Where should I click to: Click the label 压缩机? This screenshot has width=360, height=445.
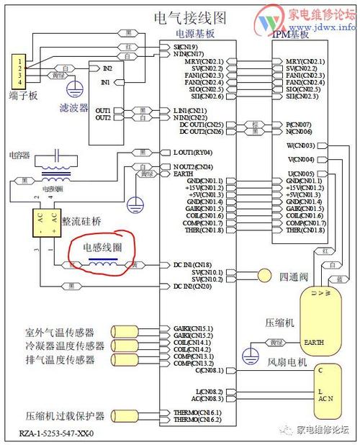279,324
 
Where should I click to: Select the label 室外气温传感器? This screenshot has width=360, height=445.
60,333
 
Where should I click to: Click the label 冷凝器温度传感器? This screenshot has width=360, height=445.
60,346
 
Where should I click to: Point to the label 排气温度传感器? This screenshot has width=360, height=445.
60,359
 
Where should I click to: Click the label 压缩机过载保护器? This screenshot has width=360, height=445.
65,416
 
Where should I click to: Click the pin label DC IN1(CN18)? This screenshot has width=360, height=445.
192,264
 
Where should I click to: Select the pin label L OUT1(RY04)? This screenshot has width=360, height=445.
193,153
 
